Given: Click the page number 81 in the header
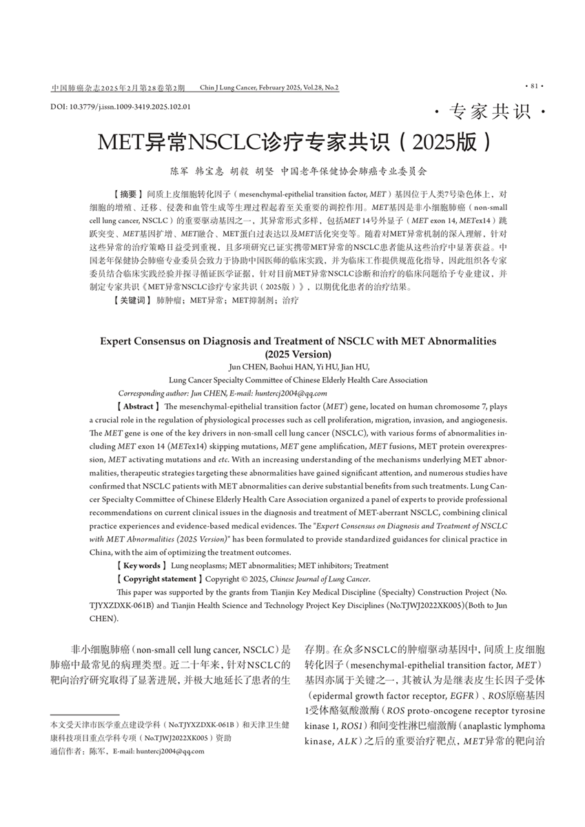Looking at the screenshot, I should pos(535,86).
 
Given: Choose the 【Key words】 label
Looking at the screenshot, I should pos(140,565).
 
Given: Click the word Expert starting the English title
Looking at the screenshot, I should pos(121,340).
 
